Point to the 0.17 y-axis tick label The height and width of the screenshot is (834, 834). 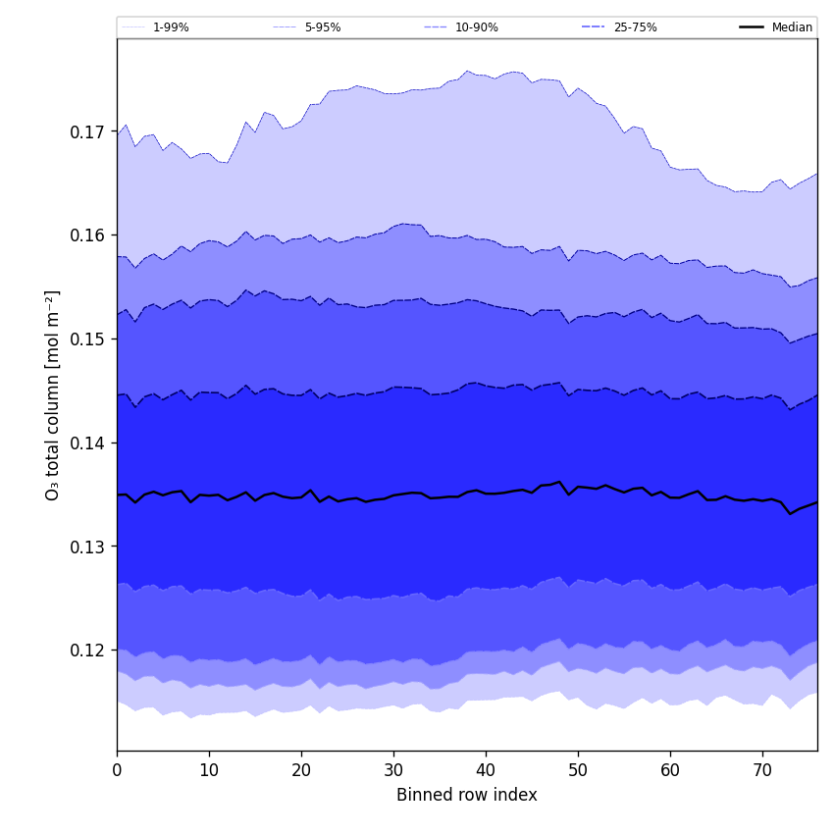coord(88,131)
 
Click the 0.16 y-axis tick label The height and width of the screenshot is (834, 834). coord(88,235)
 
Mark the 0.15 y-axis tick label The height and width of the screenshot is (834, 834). coord(88,339)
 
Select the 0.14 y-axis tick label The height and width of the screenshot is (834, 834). coord(88,443)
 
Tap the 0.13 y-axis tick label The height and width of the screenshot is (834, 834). coord(88,547)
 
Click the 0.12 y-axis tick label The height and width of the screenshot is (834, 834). coord(88,651)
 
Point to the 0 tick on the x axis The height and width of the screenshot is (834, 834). coord(117,770)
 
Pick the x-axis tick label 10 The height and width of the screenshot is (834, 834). coord(209,770)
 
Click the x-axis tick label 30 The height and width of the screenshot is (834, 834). coord(393,770)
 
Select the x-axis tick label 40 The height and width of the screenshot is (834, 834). coord(486,770)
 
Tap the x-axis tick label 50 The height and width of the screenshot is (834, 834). coord(578,770)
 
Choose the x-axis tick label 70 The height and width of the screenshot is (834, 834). coord(762,770)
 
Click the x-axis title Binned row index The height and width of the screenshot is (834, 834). coord(467,796)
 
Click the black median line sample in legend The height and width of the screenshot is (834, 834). coord(753,27)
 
